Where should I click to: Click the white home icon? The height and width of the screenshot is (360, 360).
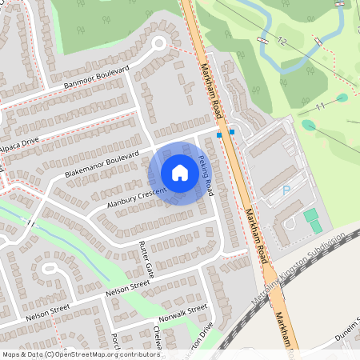coord(180,173)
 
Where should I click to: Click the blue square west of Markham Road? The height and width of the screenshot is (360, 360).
coord(218,136)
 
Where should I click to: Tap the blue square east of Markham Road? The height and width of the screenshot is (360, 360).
coord(232,131)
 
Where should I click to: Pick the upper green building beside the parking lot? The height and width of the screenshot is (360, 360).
coord(310,215)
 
